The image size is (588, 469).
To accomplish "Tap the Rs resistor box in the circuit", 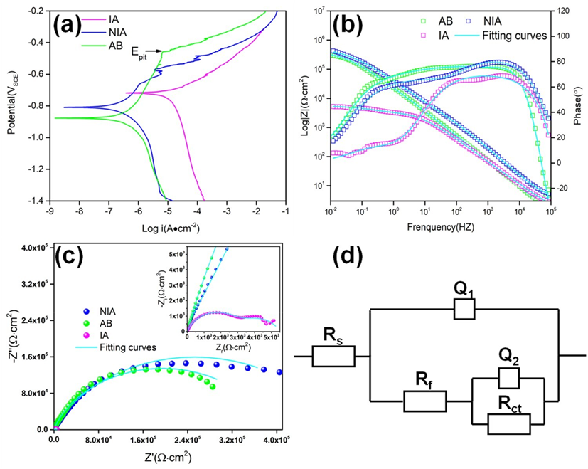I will tap(333, 355).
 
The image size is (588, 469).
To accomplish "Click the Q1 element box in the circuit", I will tap(463, 308).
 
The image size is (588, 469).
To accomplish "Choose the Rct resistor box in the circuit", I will tap(509, 423).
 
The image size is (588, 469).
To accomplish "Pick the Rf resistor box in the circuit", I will tap(424, 401).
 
